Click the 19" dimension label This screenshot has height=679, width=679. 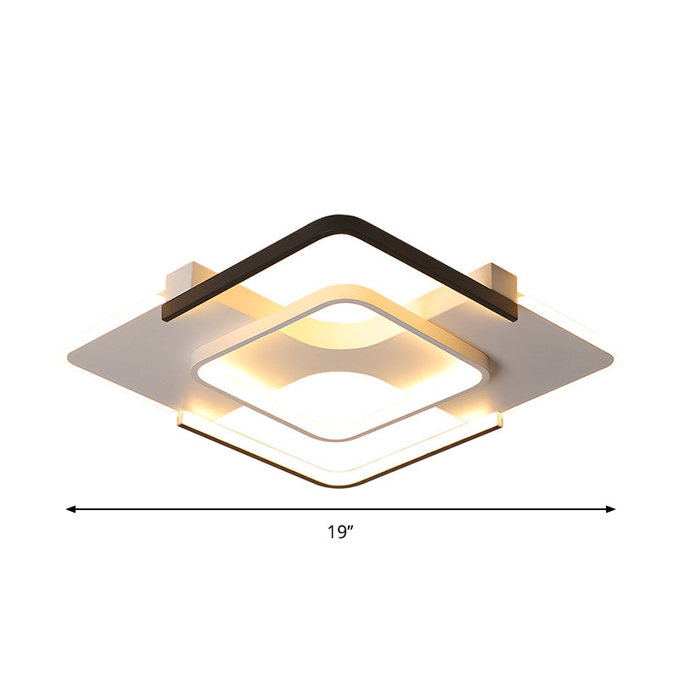point(340,533)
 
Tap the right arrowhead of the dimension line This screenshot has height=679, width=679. point(610,509)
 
